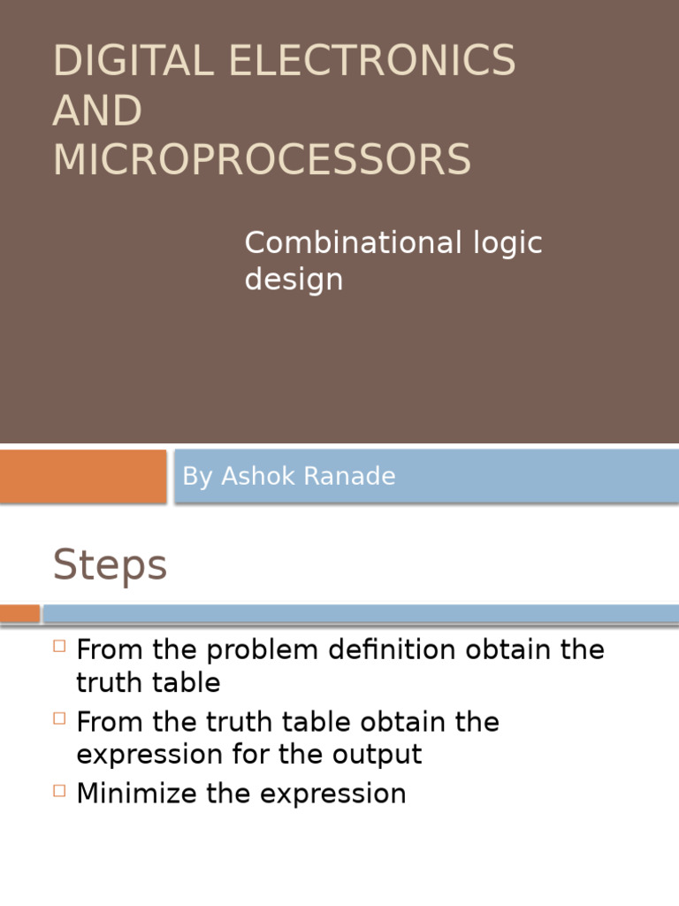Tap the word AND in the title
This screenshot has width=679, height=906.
pyautogui.click(x=97, y=111)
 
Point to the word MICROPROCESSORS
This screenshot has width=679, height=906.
pyautogui.click(x=262, y=160)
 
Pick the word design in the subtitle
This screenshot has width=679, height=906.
pyautogui.click(x=294, y=280)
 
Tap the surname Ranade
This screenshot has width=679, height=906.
pyautogui.click(x=351, y=476)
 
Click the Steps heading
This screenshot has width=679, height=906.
pyautogui.click(x=110, y=565)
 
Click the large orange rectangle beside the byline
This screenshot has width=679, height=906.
pyautogui.click(x=83, y=476)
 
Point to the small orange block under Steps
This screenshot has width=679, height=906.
pyautogui.click(x=19, y=613)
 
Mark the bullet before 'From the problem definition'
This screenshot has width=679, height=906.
pyautogui.click(x=59, y=646)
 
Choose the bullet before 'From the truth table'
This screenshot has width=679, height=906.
pyautogui.click(x=59, y=718)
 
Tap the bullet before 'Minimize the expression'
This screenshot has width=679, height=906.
pyautogui.click(x=59, y=790)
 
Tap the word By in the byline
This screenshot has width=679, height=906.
pyautogui.click(x=197, y=476)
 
